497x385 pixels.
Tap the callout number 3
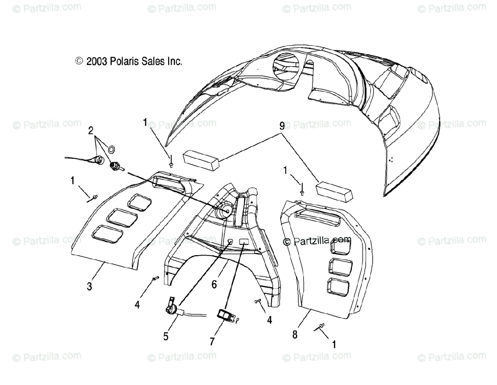[89, 286]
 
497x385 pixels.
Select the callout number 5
[166, 336]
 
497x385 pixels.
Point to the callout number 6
[214, 284]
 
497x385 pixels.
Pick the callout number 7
[212, 341]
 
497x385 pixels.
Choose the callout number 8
[295, 335]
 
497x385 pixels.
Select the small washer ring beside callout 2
[111, 148]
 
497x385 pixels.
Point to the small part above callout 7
[226, 315]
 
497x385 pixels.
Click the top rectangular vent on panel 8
[339, 247]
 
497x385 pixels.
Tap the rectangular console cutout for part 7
[244, 242]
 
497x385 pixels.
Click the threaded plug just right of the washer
[116, 167]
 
